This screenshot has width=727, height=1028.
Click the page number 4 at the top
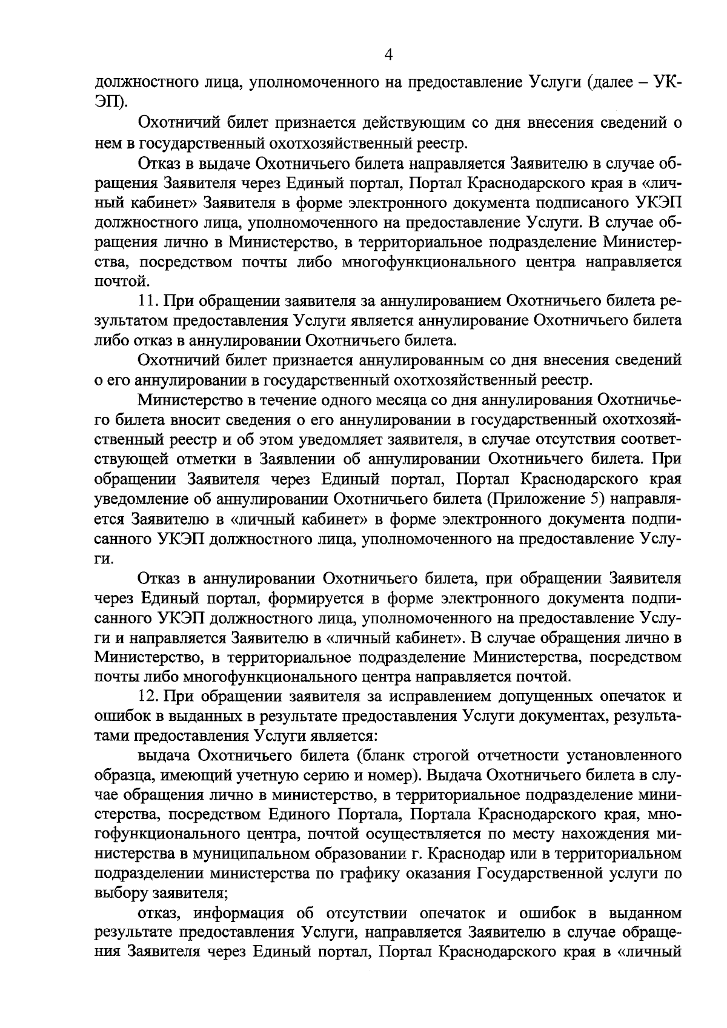pyautogui.click(x=389, y=56)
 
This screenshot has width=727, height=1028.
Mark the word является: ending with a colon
pyautogui.click(x=342, y=735)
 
